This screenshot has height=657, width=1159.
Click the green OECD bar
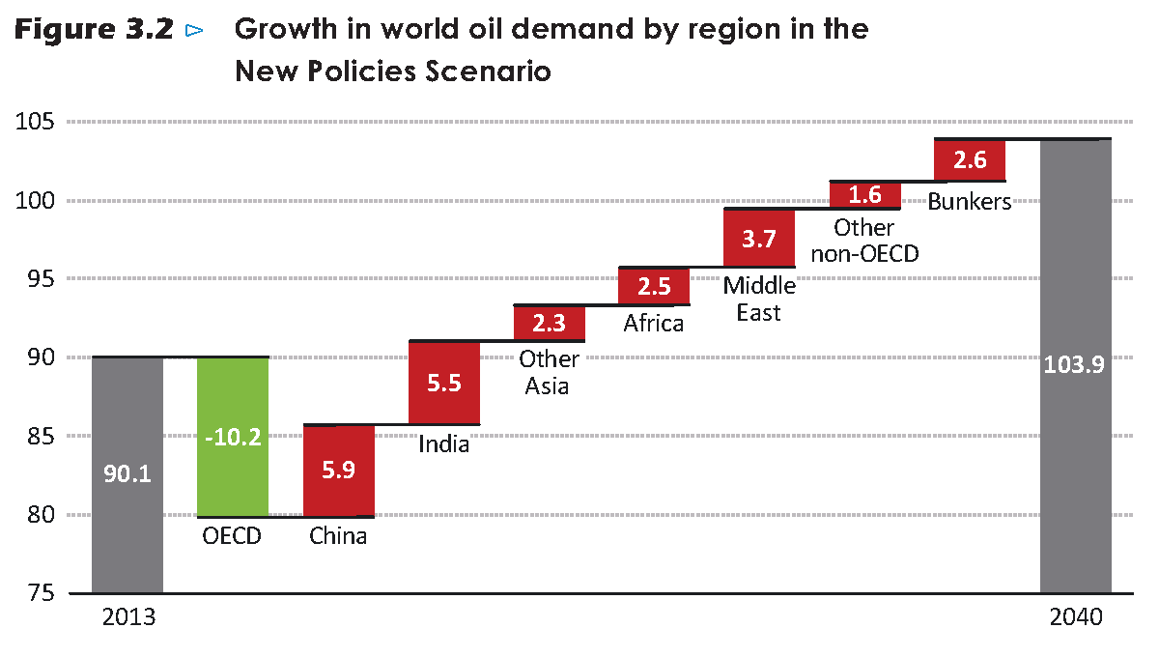click(x=233, y=437)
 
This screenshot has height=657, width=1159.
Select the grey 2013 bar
click(x=127, y=474)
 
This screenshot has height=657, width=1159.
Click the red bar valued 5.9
click(x=338, y=471)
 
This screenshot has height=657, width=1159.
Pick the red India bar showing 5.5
click(x=444, y=383)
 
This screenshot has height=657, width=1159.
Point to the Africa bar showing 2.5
click(x=654, y=287)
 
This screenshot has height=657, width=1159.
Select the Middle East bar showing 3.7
click(x=759, y=238)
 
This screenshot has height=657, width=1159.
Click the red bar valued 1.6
click(x=864, y=194)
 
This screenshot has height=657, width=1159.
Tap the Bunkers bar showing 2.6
click(x=970, y=160)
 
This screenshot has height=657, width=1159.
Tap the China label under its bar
click(x=338, y=535)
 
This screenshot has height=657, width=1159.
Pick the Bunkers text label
click(x=970, y=202)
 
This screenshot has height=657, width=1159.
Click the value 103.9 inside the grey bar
click(x=1075, y=368)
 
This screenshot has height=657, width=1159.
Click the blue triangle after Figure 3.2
click(x=194, y=31)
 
